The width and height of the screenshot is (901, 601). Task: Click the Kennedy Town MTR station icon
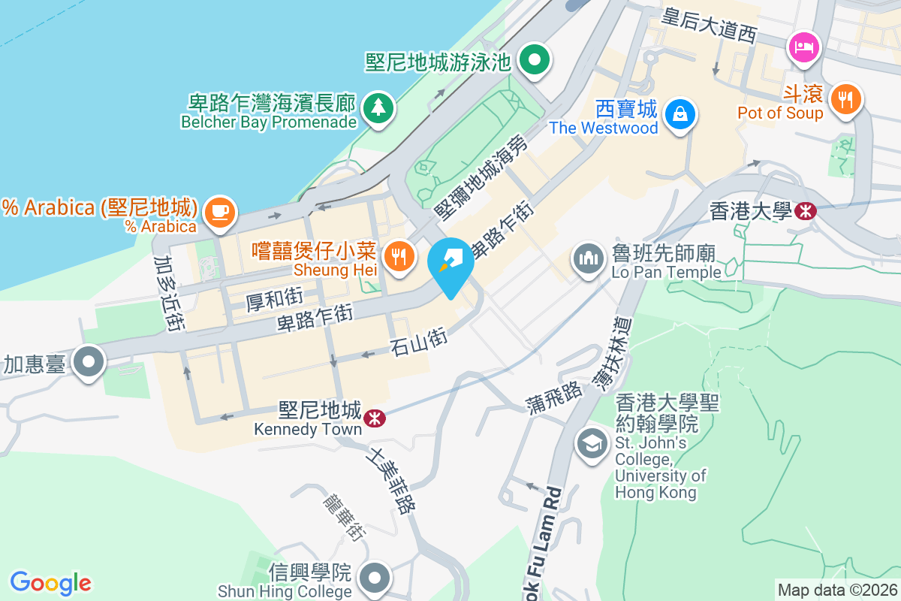(372, 418)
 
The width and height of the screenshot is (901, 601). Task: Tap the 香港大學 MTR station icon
(806, 211)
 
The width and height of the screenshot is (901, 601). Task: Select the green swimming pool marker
(535, 59)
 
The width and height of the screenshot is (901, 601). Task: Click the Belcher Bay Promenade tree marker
(377, 107)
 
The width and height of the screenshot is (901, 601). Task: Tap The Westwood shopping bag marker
(680, 114)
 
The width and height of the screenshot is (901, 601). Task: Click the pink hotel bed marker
(804, 47)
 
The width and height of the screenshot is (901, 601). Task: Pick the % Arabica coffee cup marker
(218, 211)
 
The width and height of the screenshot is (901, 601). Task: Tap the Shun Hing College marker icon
(373, 578)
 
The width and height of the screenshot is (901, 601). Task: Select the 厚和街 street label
(275, 299)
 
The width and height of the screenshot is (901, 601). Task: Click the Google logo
(51, 582)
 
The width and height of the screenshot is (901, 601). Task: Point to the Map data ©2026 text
(837, 590)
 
